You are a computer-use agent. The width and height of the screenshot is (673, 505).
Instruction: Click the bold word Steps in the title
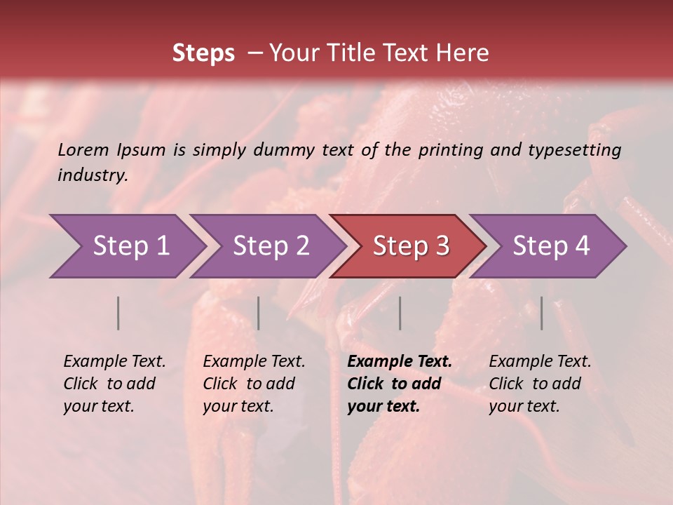coord(203,53)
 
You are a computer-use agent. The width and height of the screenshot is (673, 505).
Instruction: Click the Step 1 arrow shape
coord(126,246)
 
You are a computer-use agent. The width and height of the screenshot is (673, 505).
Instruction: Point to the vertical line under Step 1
coord(118,313)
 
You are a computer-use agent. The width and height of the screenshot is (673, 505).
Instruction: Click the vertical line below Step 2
coord(259,313)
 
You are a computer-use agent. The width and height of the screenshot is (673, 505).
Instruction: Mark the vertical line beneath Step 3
coord(400,313)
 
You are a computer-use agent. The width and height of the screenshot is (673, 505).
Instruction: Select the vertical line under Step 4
coord(542,313)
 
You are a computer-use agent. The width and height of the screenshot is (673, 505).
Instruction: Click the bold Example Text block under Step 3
coord(399,384)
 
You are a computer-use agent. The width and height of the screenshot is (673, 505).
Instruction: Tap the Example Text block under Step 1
coord(114,384)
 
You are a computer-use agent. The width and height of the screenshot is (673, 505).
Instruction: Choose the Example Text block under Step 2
coord(254,384)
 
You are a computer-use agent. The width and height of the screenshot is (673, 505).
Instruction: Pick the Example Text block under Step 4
coord(540,384)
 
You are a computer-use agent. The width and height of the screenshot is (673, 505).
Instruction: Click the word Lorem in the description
coord(83,149)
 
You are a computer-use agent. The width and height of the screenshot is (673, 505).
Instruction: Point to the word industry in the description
coord(93,175)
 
